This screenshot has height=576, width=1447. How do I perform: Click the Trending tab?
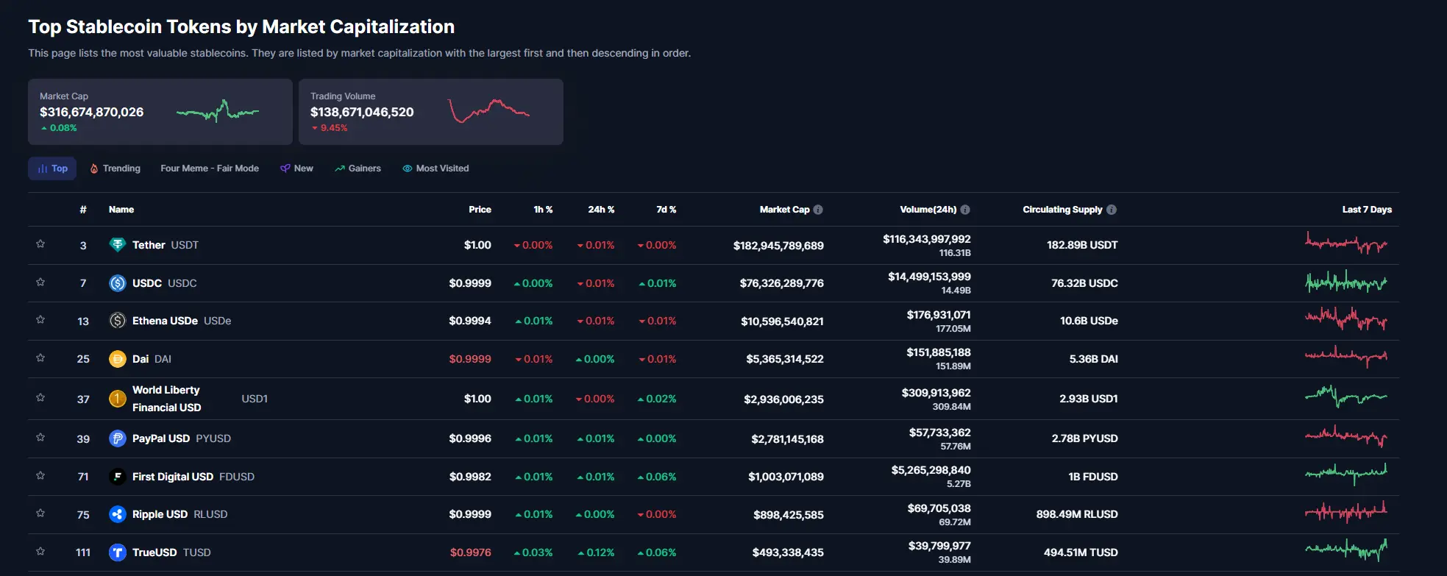point(115,168)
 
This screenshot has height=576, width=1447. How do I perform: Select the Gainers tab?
point(358,168)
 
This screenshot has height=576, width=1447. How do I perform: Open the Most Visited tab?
point(435,168)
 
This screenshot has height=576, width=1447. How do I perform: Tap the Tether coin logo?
point(118,245)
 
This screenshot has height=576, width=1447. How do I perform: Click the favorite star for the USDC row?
point(40,282)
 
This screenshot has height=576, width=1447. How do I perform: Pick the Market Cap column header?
point(784,210)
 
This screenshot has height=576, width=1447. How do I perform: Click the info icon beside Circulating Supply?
point(1112,210)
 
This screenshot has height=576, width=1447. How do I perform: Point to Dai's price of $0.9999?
point(470,359)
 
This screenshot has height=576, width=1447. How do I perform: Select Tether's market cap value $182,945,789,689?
point(778,246)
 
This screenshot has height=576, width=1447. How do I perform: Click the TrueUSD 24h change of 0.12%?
point(596,552)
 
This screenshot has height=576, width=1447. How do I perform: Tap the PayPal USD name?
point(161,438)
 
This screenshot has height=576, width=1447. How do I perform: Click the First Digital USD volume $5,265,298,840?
point(931,470)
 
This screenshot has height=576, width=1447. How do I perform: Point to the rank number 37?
point(83,399)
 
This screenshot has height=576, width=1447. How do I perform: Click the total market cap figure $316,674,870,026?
point(92,112)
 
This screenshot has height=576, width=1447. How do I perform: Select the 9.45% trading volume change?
point(330,128)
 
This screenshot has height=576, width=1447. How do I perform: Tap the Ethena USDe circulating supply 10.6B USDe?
point(1089,321)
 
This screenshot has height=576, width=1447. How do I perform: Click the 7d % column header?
point(666,210)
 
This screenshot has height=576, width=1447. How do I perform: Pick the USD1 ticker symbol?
point(255,399)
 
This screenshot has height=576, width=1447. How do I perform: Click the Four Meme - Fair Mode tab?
point(210,168)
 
